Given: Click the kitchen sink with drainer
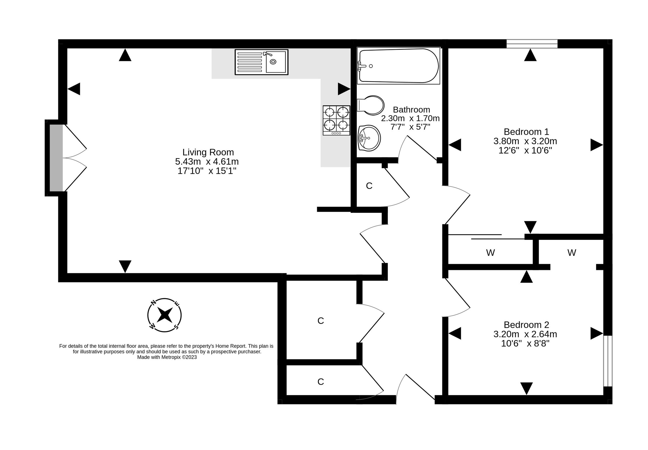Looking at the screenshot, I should [x=261, y=62].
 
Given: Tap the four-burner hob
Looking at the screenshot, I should [x=336, y=120].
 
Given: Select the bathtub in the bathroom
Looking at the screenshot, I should [x=398, y=66].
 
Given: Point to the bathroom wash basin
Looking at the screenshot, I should [x=369, y=138].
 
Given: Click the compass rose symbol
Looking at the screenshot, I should [x=164, y=315].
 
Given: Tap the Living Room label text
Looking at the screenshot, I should [x=208, y=152].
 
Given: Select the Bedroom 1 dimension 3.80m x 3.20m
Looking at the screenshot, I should [x=525, y=141].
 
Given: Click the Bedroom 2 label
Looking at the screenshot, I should [x=526, y=325].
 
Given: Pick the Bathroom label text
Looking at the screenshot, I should [x=411, y=110].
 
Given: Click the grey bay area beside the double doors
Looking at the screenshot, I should [x=56, y=158].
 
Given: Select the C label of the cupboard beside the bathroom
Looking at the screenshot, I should [x=369, y=186].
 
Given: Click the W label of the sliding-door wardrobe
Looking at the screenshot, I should [x=490, y=253].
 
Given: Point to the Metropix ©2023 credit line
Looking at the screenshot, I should [x=167, y=357].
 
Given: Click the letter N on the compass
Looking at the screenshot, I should [x=153, y=303].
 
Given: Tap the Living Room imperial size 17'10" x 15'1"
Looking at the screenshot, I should [x=207, y=171].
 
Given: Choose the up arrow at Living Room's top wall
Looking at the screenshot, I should [x=125, y=55].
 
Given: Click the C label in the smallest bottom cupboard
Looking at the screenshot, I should [x=320, y=381].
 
